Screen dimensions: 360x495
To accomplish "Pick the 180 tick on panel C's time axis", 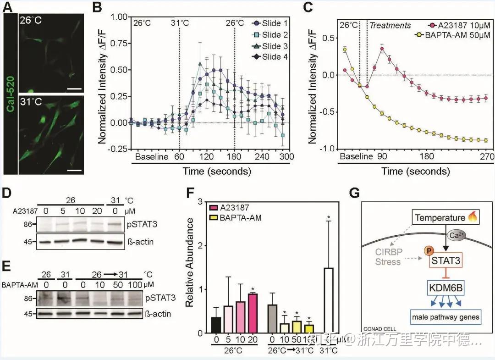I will [426, 157].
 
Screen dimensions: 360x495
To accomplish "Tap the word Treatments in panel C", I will [390, 26].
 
